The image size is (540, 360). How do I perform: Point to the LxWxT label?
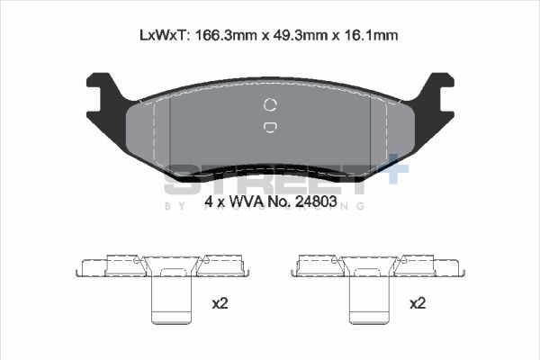tap(163, 35)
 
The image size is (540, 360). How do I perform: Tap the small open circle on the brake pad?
tap(270, 103)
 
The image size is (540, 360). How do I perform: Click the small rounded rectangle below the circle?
tap(270, 128)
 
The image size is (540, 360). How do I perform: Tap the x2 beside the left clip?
tap(219, 303)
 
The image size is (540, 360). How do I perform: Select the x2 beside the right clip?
tap(417, 303)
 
